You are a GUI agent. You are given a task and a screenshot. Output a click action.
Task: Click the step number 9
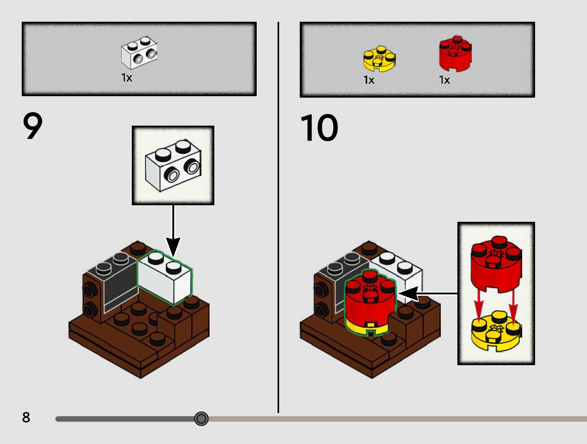pyautogui.click(x=33, y=126)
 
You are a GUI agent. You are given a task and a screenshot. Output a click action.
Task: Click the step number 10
pyautogui.click(x=319, y=128)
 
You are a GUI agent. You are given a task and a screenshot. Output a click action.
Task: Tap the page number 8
pyautogui.click(x=26, y=417)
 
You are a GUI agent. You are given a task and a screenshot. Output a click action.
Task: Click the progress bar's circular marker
pyautogui.click(x=201, y=419)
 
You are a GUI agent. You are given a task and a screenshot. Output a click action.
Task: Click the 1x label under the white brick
pyautogui.click(x=127, y=78)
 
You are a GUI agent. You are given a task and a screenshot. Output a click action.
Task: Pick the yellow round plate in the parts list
pyautogui.click(x=379, y=59)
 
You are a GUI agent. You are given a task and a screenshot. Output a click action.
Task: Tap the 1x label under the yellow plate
pyautogui.click(x=369, y=80)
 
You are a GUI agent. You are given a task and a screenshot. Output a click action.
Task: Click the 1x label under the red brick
pyautogui.click(x=444, y=80)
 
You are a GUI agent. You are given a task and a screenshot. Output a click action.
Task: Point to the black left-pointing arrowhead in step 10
pyautogui.click(x=409, y=294)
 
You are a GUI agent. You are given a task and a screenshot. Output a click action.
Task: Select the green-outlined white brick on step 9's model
pyautogui.click(x=165, y=278)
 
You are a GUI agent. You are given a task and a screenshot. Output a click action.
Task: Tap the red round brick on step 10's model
pyautogui.click(x=370, y=298)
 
